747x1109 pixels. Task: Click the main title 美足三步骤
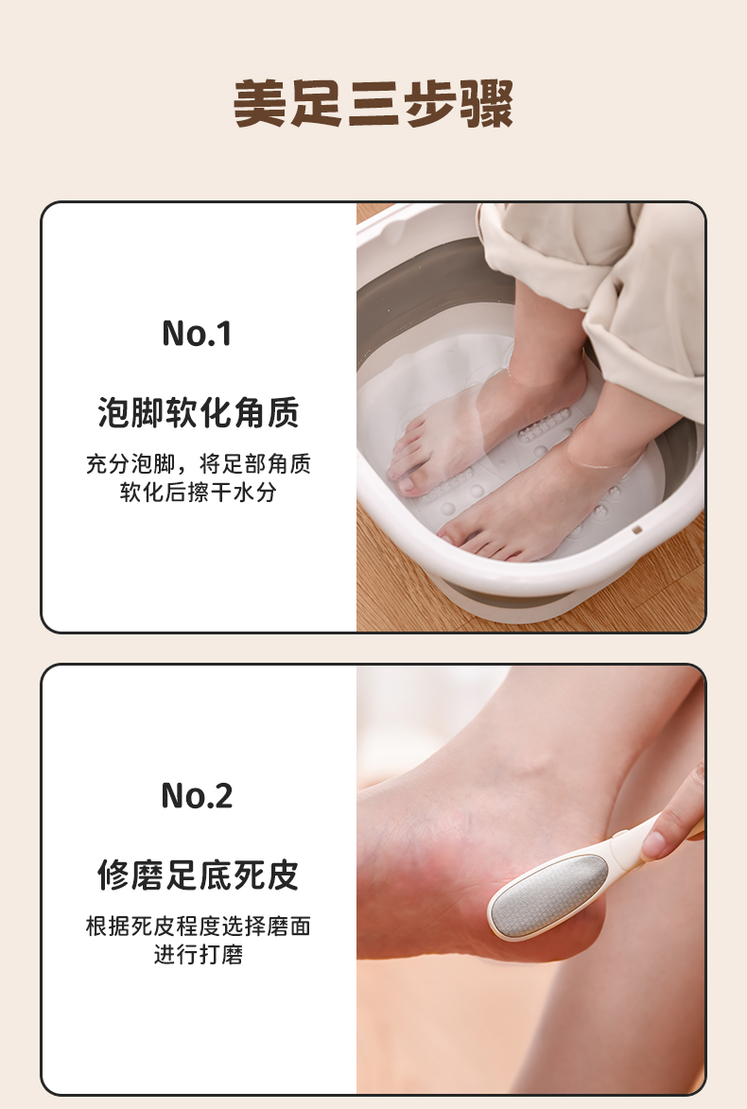tap(373, 103)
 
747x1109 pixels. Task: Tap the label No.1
tap(197, 333)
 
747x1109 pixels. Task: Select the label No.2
tap(197, 795)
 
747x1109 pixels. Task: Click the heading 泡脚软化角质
tap(198, 412)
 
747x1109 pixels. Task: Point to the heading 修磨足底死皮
tap(198, 875)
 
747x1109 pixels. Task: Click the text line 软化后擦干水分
tap(198, 493)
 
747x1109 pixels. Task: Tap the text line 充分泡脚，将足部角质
tap(198, 464)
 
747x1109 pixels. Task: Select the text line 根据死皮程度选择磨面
tap(198, 926)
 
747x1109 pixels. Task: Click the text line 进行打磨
tap(198, 954)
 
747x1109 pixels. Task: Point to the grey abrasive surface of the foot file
tap(549, 894)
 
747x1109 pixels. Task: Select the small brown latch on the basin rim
tap(636, 529)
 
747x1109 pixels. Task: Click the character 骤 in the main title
tap(487, 103)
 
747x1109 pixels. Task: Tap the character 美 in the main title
tap(260, 103)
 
